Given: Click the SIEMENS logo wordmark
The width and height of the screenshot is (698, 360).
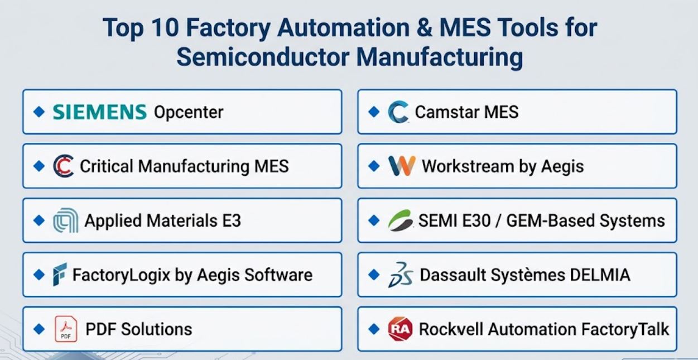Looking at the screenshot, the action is pyautogui.click(x=100, y=112).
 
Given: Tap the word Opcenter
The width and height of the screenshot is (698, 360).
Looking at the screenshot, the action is pyautogui.click(x=189, y=112).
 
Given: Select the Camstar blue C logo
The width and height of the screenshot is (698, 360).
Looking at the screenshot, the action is pyautogui.click(x=398, y=112).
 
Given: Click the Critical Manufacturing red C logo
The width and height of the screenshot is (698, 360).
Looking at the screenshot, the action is pyautogui.click(x=64, y=166).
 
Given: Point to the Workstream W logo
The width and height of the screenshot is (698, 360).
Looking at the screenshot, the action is pyautogui.click(x=402, y=166).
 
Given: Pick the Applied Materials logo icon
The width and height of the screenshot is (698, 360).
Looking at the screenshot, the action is pyautogui.click(x=66, y=220).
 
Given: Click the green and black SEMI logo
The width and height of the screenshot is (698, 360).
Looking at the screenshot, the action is pyautogui.click(x=401, y=220).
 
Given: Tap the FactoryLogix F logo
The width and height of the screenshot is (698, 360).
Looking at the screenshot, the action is pyautogui.click(x=60, y=275).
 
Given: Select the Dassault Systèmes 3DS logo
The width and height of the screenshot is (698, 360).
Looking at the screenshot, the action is pyautogui.click(x=401, y=275).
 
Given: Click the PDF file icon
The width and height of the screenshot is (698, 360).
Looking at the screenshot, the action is pyautogui.click(x=66, y=329).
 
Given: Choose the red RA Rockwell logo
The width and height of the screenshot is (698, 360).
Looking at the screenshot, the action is pyautogui.click(x=401, y=329).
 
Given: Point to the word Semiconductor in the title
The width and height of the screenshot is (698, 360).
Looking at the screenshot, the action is pyautogui.click(x=263, y=57).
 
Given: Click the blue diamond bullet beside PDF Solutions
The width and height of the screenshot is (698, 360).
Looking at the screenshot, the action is pyautogui.click(x=39, y=329).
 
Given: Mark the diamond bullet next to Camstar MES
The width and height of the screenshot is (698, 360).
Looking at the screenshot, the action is pyautogui.click(x=374, y=112).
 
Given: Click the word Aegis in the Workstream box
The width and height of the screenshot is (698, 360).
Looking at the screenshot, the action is pyautogui.click(x=562, y=167).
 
